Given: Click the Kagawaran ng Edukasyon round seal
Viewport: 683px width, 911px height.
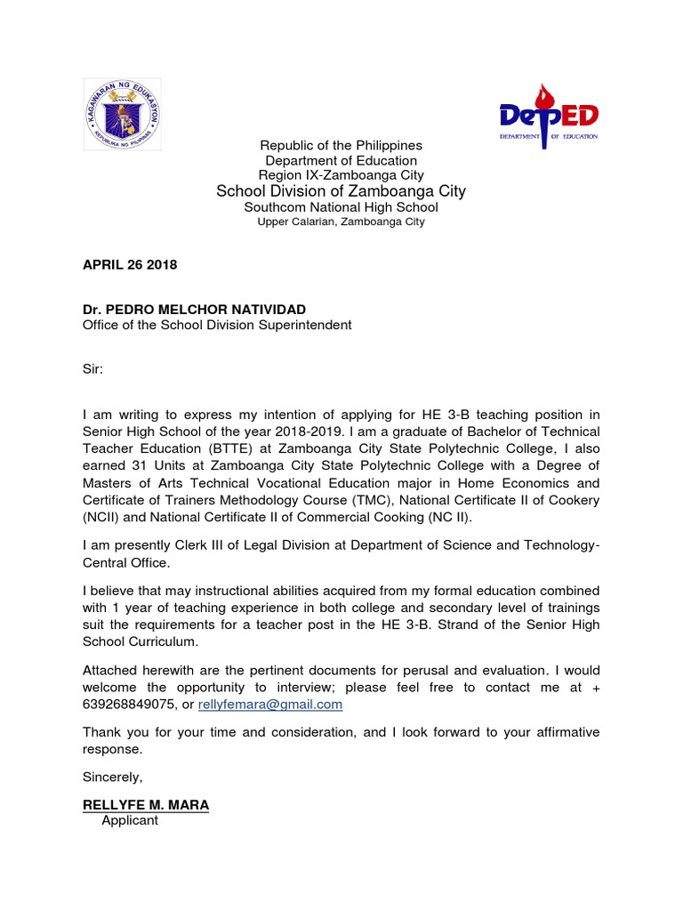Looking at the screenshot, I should [124, 114].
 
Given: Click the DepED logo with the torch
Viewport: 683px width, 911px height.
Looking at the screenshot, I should [547, 117].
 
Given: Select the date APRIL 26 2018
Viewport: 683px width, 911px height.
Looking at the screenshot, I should [130, 265].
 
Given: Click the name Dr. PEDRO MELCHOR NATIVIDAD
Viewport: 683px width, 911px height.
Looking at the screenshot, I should [194, 309].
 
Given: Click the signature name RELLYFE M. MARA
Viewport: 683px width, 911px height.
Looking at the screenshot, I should [146, 804].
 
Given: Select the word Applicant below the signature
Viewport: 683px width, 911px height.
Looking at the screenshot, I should [130, 820].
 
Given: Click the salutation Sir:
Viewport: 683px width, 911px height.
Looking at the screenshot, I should [93, 369].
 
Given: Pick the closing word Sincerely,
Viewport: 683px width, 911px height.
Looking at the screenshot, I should [112, 777].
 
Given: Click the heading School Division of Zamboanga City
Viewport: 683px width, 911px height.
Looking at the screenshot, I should [341, 191].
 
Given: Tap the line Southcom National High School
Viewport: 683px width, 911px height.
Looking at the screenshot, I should [341, 207].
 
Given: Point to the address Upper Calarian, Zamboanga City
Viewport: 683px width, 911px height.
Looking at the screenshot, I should [341, 222].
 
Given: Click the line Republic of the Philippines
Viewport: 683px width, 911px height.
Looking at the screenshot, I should [341, 145].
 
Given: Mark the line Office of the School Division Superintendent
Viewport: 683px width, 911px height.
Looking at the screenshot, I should [217, 325].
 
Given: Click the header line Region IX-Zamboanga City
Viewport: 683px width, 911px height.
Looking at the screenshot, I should [341, 175].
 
